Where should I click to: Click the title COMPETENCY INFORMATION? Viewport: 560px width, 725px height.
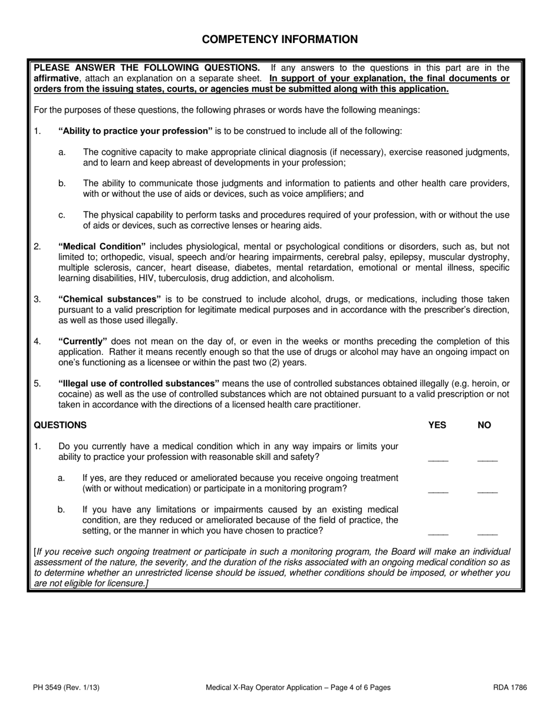(279, 39)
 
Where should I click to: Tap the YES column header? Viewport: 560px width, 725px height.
(437, 425)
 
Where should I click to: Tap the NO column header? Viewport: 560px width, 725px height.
(484, 425)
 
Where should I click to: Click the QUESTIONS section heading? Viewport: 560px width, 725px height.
(60, 425)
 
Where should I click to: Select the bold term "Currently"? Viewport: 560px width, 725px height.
(83, 341)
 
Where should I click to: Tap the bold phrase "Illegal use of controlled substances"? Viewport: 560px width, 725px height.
(139, 384)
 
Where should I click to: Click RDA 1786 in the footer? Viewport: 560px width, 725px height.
(510, 687)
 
